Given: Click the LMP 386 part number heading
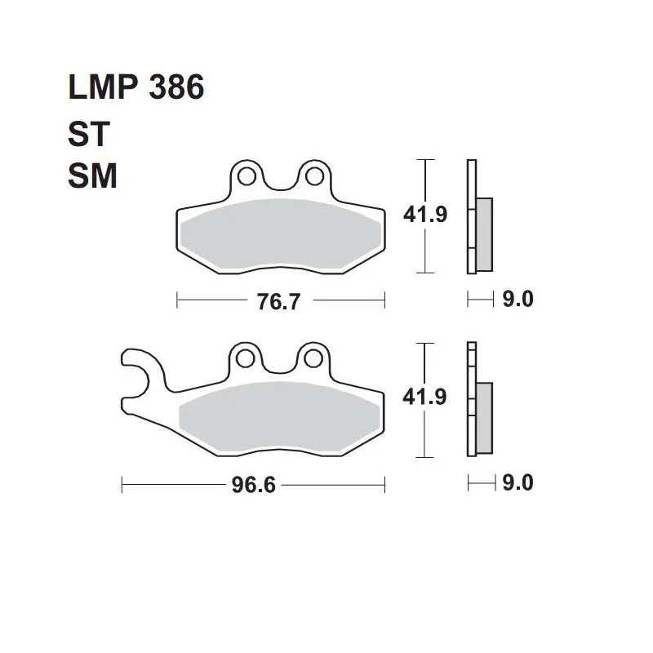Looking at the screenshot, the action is (135, 87).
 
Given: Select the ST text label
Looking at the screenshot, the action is (89, 134).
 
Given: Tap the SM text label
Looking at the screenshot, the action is (92, 175).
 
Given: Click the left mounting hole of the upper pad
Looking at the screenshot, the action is (247, 176).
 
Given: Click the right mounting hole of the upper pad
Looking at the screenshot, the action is (314, 176).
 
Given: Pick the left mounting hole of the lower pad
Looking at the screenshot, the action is (246, 358).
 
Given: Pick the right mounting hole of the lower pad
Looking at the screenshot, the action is (313, 358).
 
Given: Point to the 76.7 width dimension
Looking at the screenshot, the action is (278, 301).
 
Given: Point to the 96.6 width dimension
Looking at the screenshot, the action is (254, 485).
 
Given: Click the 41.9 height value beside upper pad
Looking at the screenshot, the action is (425, 215).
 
